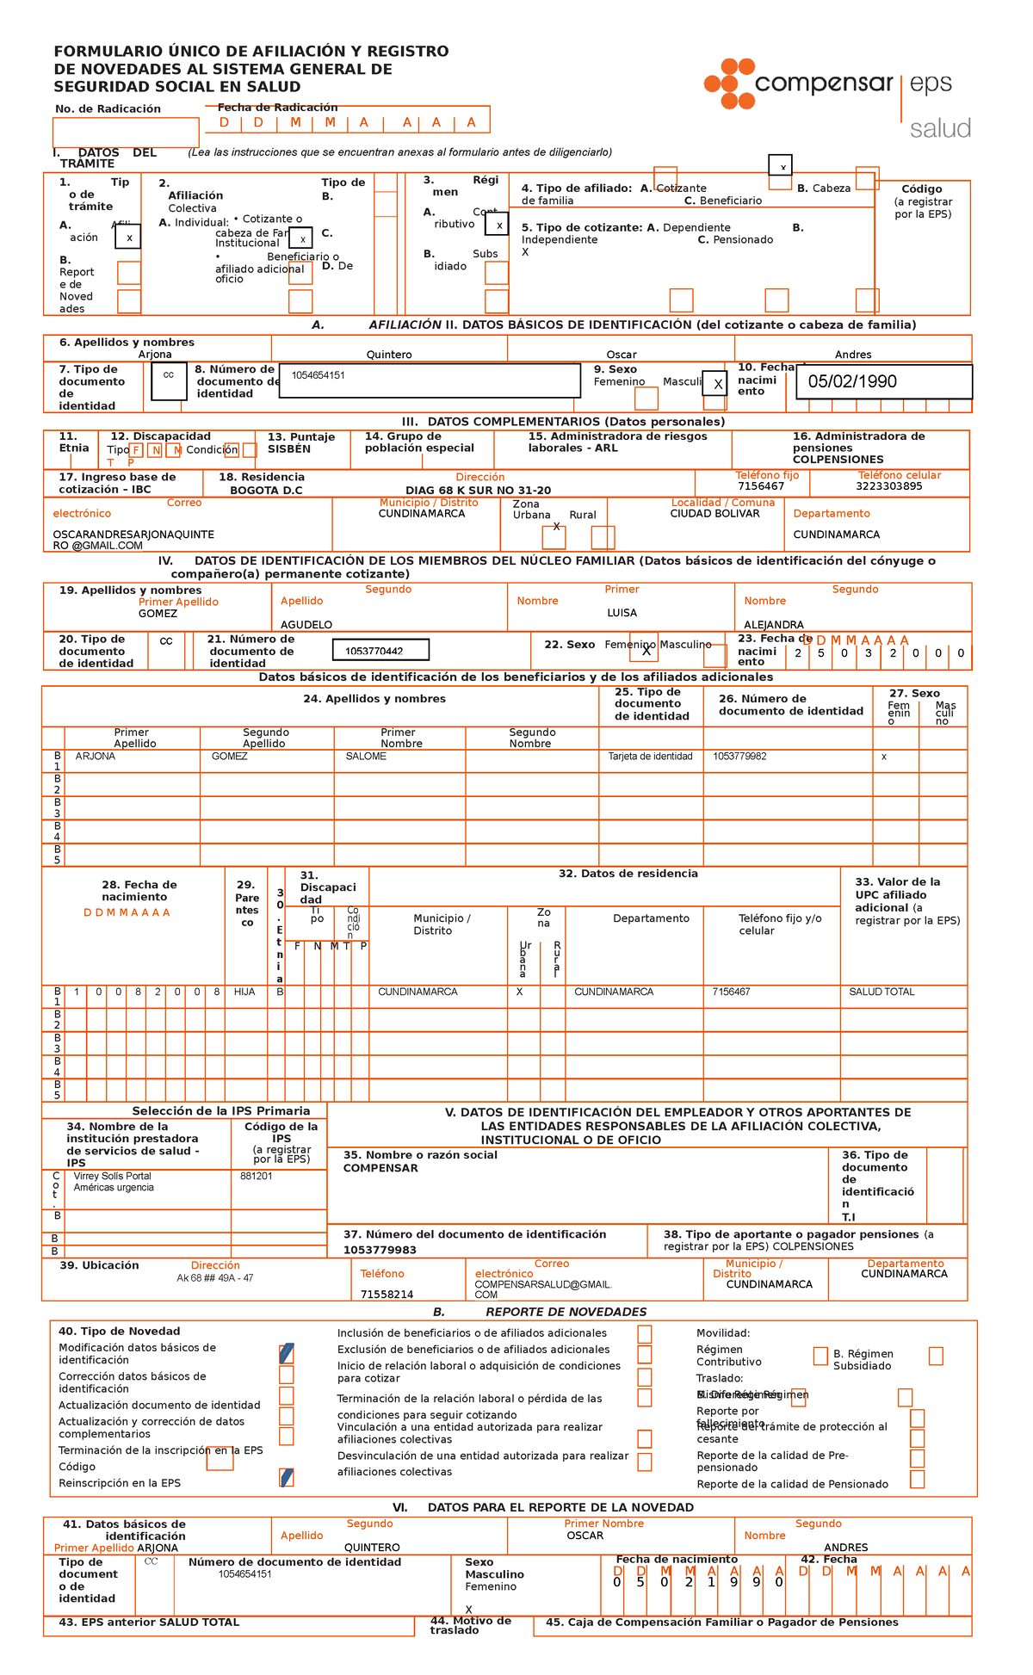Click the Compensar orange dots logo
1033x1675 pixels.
(x=729, y=83)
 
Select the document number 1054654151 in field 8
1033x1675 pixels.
(x=318, y=375)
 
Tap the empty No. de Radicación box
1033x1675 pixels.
(x=126, y=133)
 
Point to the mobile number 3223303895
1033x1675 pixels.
(x=888, y=486)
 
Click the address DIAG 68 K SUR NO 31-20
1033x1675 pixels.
(x=478, y=491)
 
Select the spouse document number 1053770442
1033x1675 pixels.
(x=374, y=651)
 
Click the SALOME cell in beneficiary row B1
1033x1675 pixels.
(x=366, y=757)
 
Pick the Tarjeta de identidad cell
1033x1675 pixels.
(x=650, y=757)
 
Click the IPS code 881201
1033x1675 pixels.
(x=256, y=1176)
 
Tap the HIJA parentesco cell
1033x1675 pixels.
(x=244, y=992)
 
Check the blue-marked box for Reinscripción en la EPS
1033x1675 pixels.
(x=287, y=1478)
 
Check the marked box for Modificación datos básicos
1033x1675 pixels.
(x=287, y=1353)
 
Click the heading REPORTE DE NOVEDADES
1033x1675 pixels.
(x=566, y=1312)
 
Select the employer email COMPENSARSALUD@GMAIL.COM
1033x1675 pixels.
(x=542, y=1289)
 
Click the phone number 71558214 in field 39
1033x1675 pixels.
(x=387, y=1295)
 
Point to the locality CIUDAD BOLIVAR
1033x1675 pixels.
(x=714, y=514)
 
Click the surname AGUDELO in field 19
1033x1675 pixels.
(x=306, y=625)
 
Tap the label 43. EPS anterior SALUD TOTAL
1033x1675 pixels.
(x=149, y=1622)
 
